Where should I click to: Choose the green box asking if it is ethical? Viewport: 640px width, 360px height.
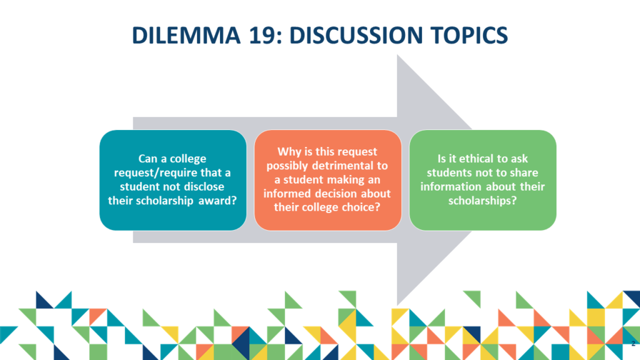(482, 180)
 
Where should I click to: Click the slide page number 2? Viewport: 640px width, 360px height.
(633, 344)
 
